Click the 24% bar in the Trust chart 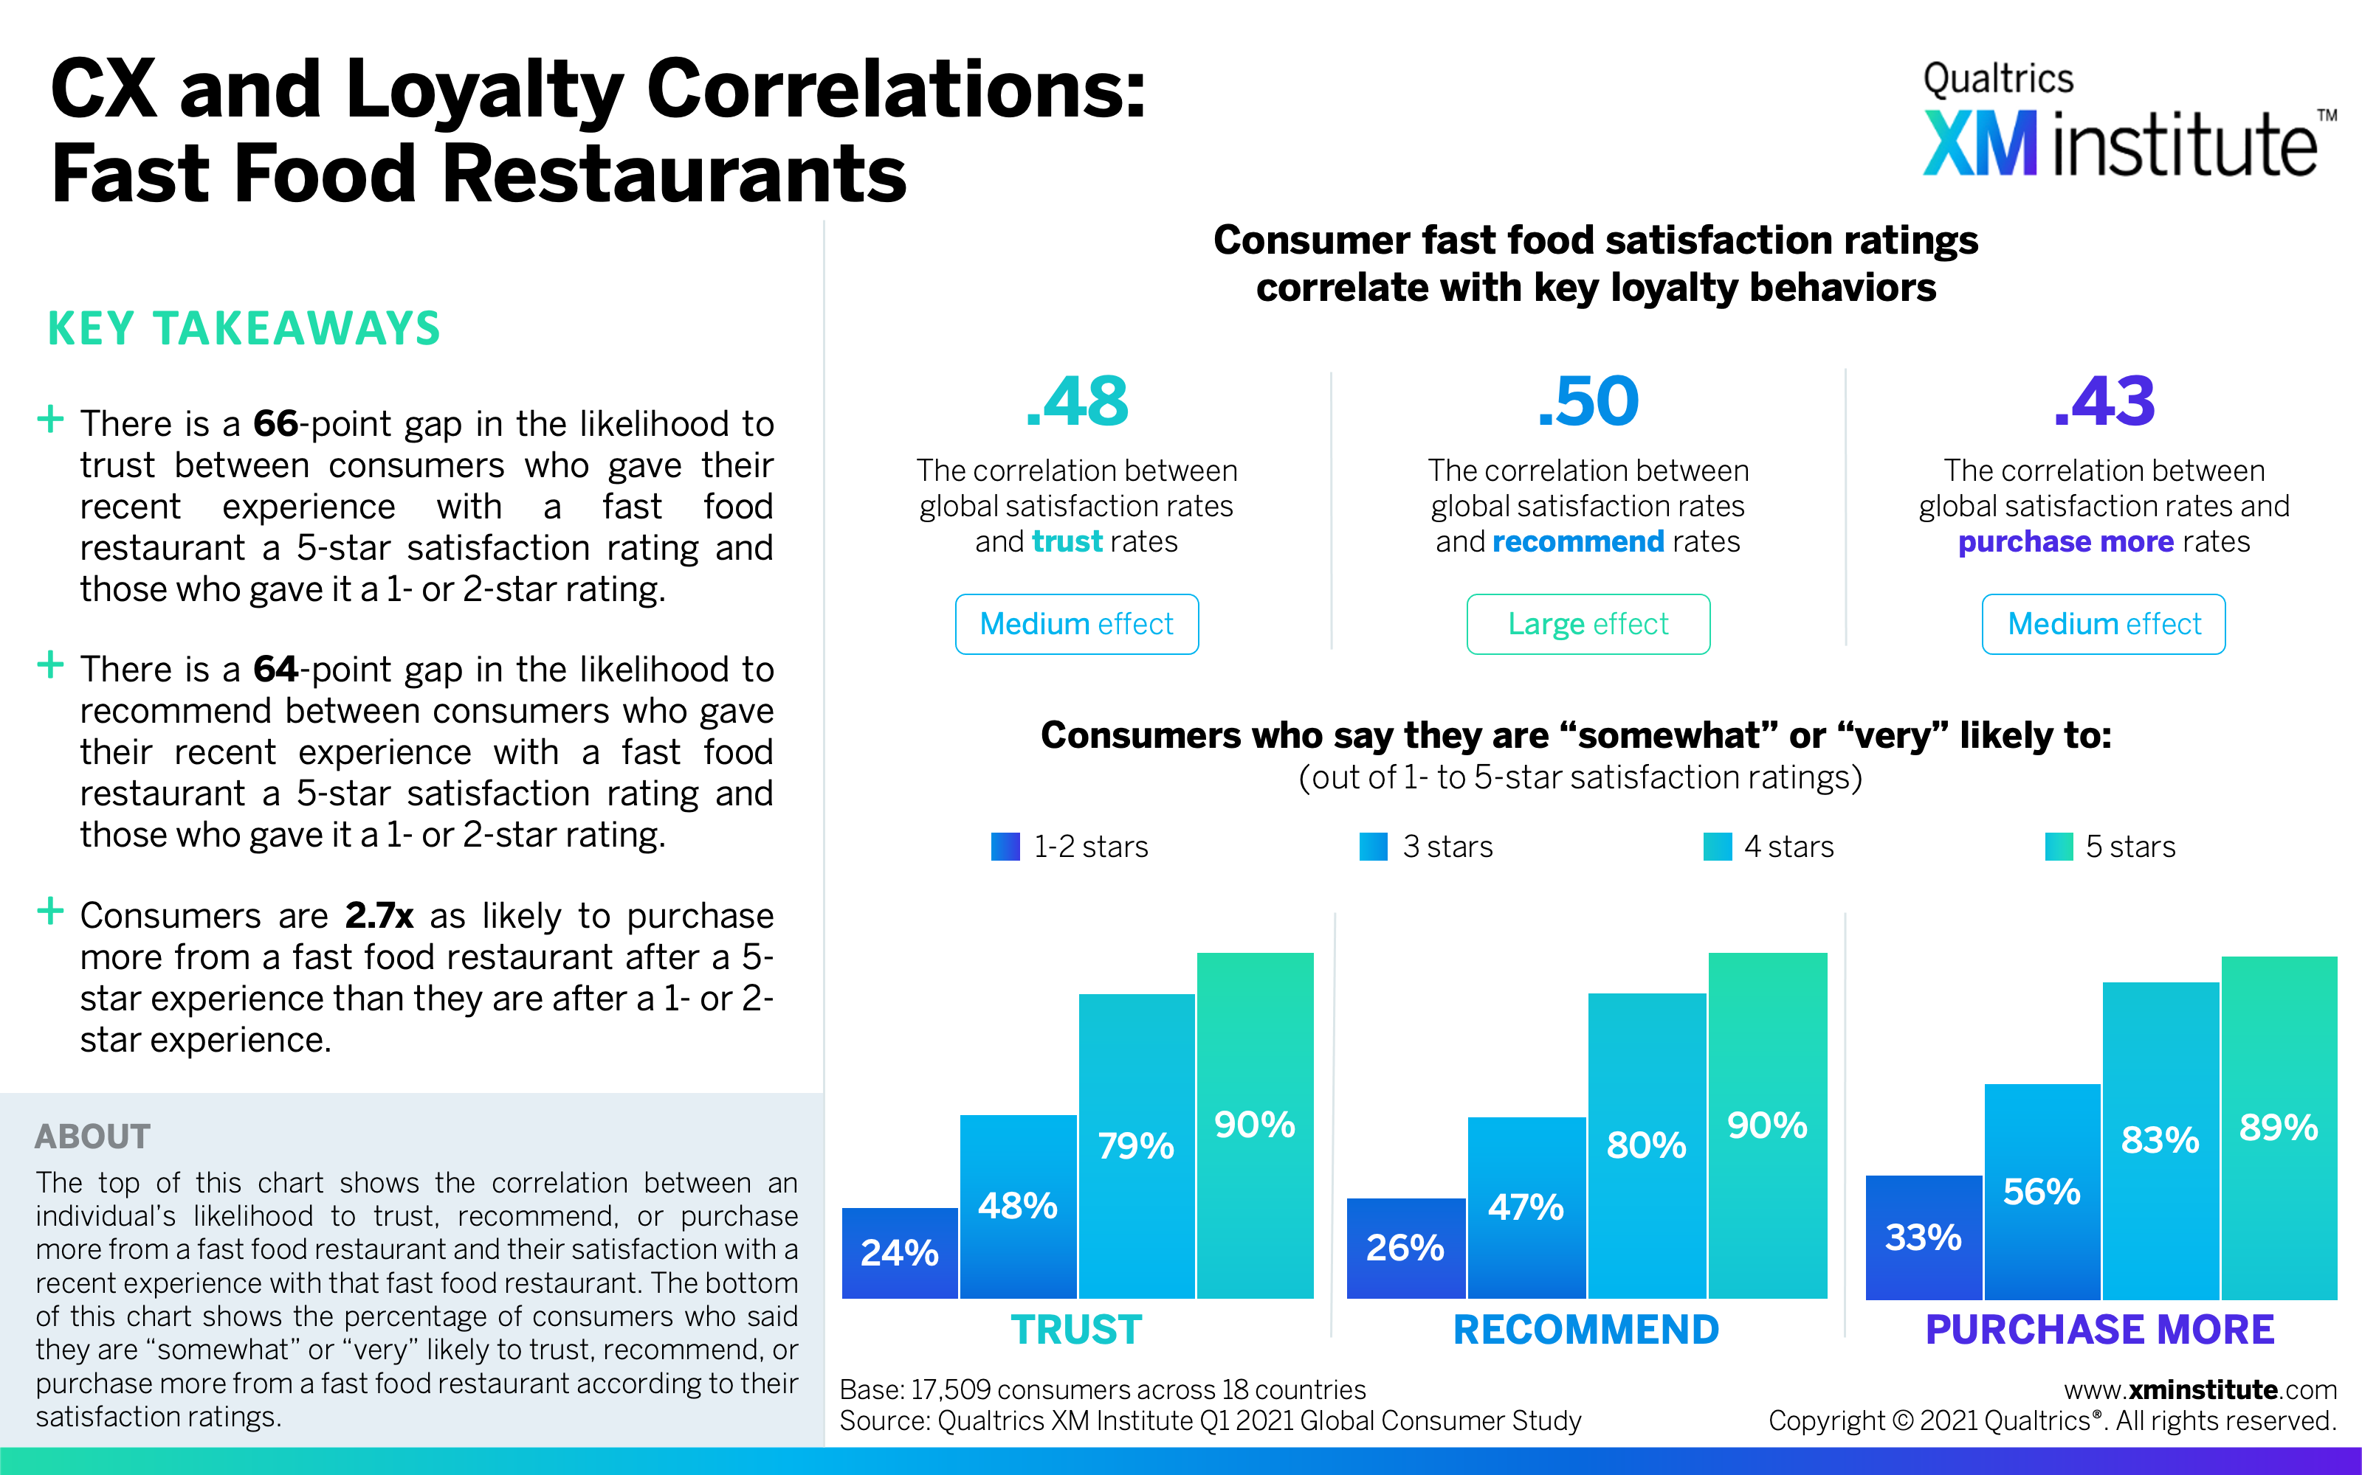900,1252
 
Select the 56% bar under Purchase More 2042,1191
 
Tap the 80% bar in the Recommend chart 1647,1146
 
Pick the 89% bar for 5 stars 2279,1128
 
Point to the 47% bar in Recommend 1526,1208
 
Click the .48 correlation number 1077,401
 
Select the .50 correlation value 1588,401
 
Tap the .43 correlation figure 2104,401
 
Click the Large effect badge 1588,625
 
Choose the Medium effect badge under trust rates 1077,625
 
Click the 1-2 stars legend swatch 1005,846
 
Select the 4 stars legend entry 1769,846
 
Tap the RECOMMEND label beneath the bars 1586,1330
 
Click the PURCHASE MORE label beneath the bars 2101,1330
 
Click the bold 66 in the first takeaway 275,423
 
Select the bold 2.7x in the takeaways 379,916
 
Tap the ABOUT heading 93,1136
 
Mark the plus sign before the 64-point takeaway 49,666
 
